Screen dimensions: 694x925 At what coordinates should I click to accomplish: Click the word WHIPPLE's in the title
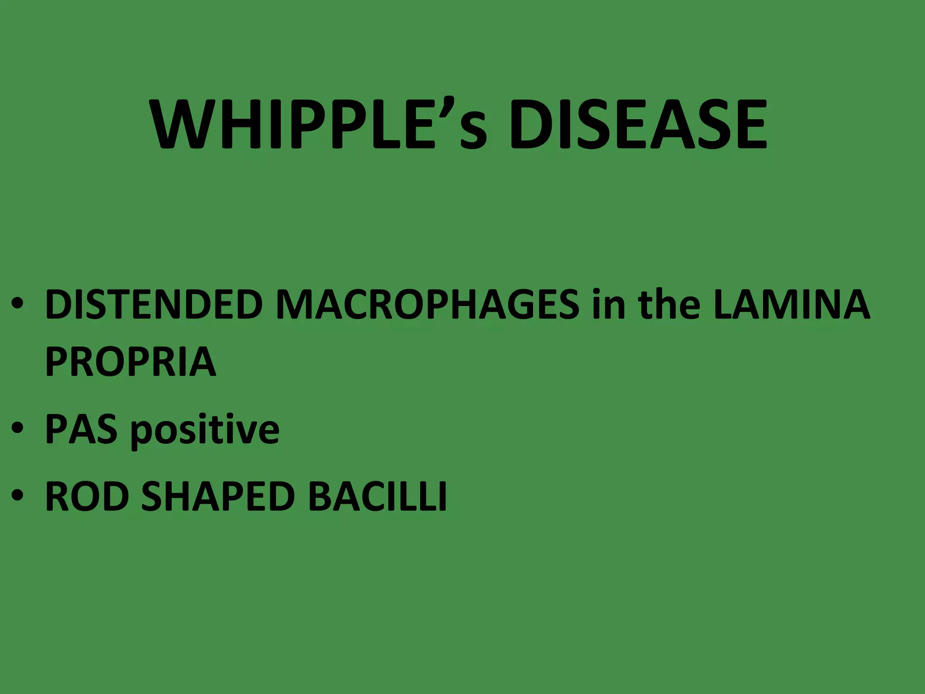point(319,124)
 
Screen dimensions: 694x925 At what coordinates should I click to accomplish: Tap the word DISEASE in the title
point(637,124)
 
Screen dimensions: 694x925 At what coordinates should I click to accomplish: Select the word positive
point(205,430)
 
